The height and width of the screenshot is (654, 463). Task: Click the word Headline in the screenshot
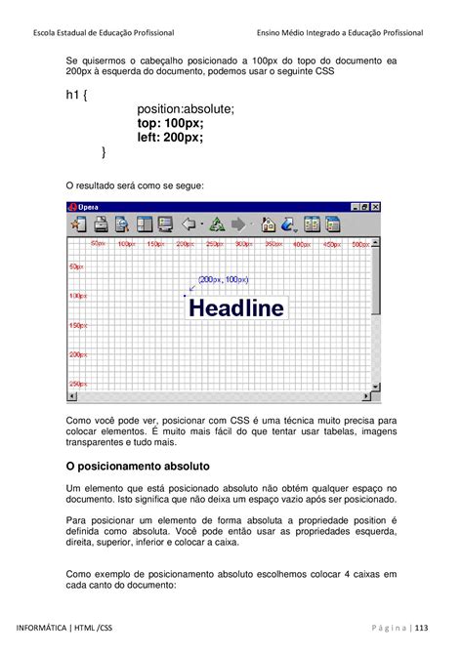coord(236,308)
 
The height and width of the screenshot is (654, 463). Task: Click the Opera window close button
coord(375,207)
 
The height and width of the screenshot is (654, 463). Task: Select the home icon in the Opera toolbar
coord(268,225)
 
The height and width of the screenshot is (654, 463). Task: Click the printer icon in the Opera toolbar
coord(101,225)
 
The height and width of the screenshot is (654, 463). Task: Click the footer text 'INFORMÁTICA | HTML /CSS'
coord(64,628)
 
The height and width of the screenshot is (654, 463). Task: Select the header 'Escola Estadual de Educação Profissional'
coord(98,32)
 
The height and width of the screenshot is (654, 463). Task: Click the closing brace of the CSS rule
coord(105,152)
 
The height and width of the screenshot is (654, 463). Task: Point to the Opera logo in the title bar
coord(71,207)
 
